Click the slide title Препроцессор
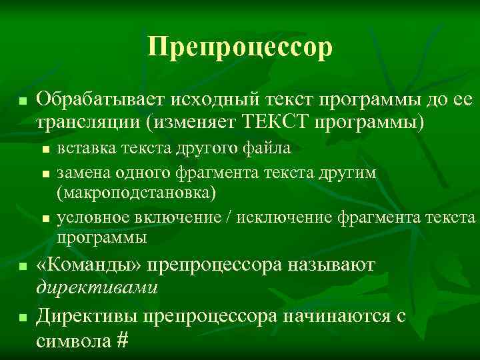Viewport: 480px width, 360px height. pos(240,48)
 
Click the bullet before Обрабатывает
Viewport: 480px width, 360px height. pos(22,102)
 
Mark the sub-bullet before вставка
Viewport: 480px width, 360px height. pos(45,149)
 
